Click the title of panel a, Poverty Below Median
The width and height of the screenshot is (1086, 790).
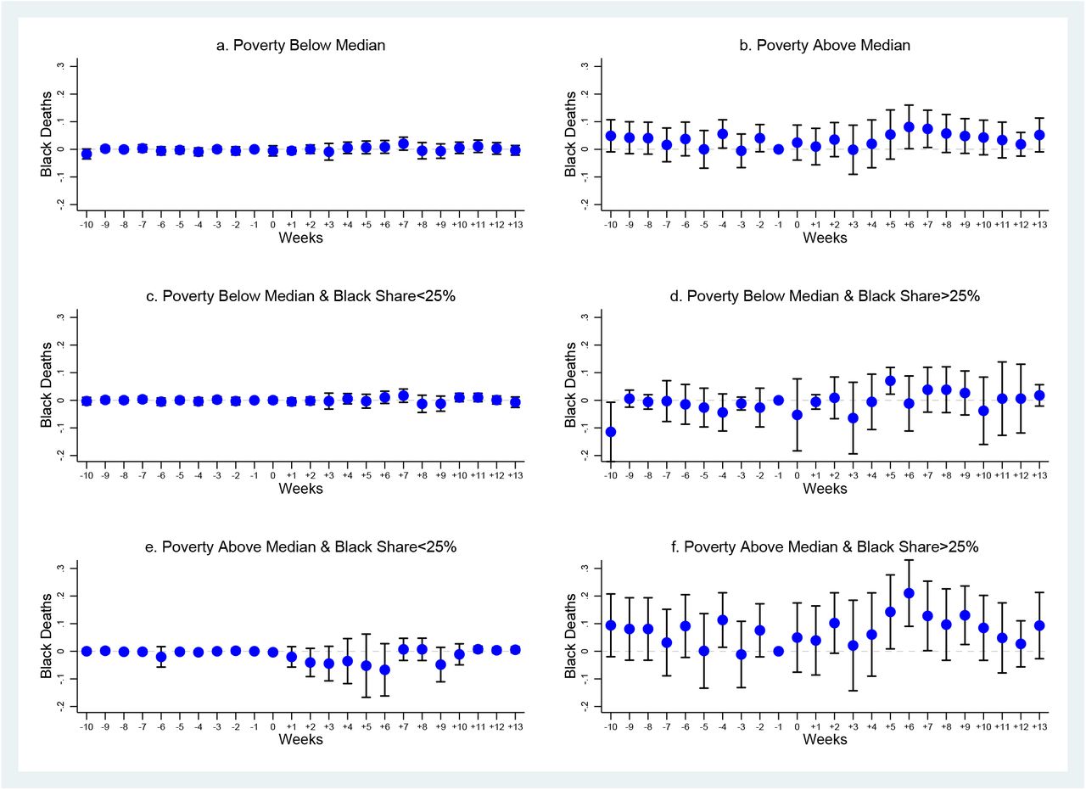point(300,45)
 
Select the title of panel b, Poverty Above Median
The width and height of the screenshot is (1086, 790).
point(825,45)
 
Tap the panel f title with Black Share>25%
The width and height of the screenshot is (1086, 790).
point(825,547)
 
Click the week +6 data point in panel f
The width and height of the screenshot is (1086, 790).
point(909,593)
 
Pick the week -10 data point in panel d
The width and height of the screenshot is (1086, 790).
point(611,432)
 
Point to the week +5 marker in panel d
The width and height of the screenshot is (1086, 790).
point(890,381)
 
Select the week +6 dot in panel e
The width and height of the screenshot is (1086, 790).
point(385,670)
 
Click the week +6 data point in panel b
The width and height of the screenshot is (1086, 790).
point(909,127)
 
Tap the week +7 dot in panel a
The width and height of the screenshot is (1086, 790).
point(403,143)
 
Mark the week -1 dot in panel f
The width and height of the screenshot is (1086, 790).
point(779,652)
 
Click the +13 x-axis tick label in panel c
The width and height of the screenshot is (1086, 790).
point(515,476)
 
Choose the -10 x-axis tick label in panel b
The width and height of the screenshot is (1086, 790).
point(610,225)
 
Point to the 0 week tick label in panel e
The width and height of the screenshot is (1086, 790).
point(273,727)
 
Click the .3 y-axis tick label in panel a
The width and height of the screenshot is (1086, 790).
point(60,66)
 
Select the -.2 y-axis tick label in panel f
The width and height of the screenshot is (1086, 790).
point(585,706)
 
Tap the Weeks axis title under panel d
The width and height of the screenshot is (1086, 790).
point(825,489)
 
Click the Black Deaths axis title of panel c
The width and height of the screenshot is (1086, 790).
point(46,385)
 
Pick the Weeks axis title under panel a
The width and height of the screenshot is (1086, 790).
point(300,238)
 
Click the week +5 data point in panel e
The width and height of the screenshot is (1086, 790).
point(366,666)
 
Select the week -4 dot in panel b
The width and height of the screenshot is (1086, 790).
point(722,134)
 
